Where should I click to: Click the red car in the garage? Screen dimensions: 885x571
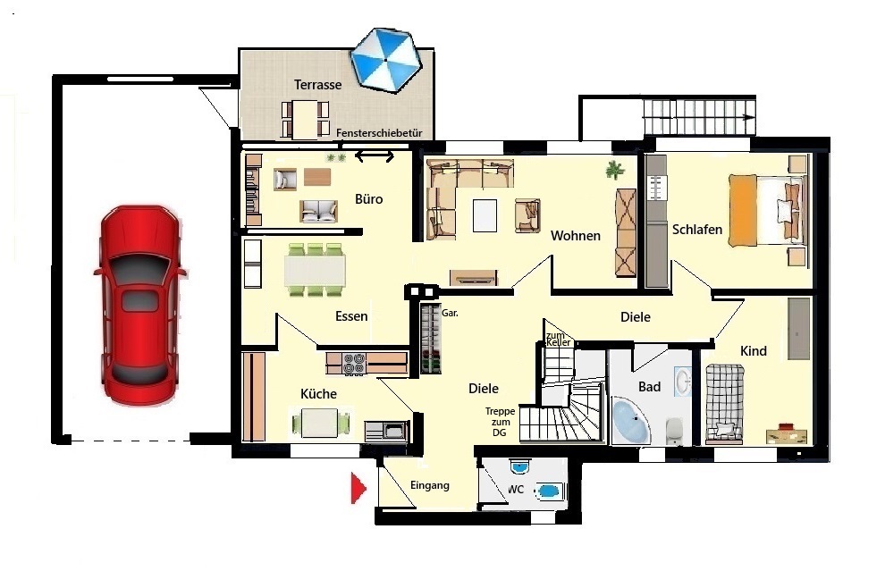coord(141,305)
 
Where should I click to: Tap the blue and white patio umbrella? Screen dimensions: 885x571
coord(386,59)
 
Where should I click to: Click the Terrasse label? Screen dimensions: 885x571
coord(317,85)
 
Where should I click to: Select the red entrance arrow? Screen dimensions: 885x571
coord(358,488)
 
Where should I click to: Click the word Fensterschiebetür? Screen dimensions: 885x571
coord(379,133)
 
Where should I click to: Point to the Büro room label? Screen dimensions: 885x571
coord(369,198)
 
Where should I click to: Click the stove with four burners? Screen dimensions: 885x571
coord(355,363)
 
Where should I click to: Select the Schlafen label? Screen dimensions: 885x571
coord(697,230)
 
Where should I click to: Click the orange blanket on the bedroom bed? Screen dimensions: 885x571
coord(743,211)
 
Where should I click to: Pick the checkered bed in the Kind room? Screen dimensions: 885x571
coord(724,400)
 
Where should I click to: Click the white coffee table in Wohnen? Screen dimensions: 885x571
coord(485,215)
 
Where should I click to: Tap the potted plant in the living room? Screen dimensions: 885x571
coord(614,169)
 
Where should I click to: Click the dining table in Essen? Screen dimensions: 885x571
coord(315,270)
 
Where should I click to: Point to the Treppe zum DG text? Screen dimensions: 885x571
coord(500,422)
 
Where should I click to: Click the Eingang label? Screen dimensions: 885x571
coord(430,485)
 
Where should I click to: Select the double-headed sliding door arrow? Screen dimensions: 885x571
coord(375,156)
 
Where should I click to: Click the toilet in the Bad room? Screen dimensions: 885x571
coord(674,431)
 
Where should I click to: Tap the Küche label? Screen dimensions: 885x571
coord(318,393)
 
